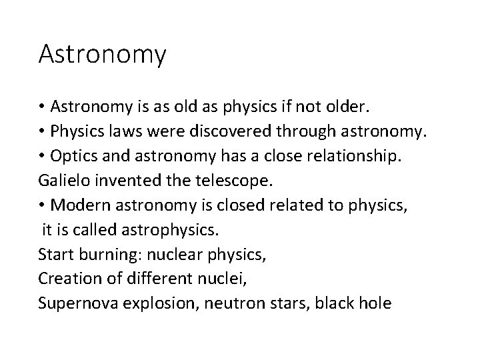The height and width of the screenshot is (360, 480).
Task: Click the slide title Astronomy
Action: (x=102, y=55)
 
